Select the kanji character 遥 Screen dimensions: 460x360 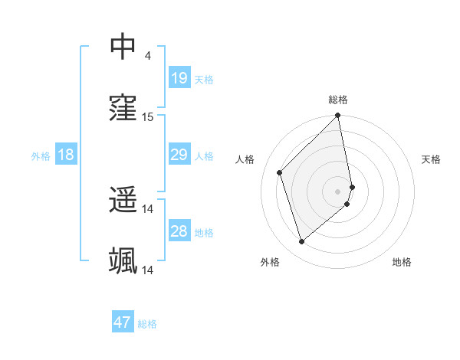coord(123,200)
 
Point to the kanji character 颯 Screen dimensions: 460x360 coord(123,261)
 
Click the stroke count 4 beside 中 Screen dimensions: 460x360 coord(147,56)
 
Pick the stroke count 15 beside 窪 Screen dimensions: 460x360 coord(148,117)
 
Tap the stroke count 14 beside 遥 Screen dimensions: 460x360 coord(148,209)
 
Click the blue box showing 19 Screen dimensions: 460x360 coord(179,78)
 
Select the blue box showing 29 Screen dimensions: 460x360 coord(179,155)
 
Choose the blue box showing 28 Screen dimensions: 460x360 coord(179,231)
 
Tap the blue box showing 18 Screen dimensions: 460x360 coord(66,155)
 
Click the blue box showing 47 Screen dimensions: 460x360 coord(123,322)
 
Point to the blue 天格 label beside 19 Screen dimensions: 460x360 coord(203,79)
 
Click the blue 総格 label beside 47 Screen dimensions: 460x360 coord(147,323)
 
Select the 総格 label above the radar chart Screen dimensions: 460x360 coord(338,100)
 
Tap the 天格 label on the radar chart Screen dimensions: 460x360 coord(431,159)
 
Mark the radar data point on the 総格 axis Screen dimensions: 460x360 coord(338,116)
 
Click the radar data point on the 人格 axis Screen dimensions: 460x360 coord(280,172)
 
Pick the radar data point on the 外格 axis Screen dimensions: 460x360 coord(302,242)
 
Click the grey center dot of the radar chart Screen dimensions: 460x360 coord(338,191)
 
